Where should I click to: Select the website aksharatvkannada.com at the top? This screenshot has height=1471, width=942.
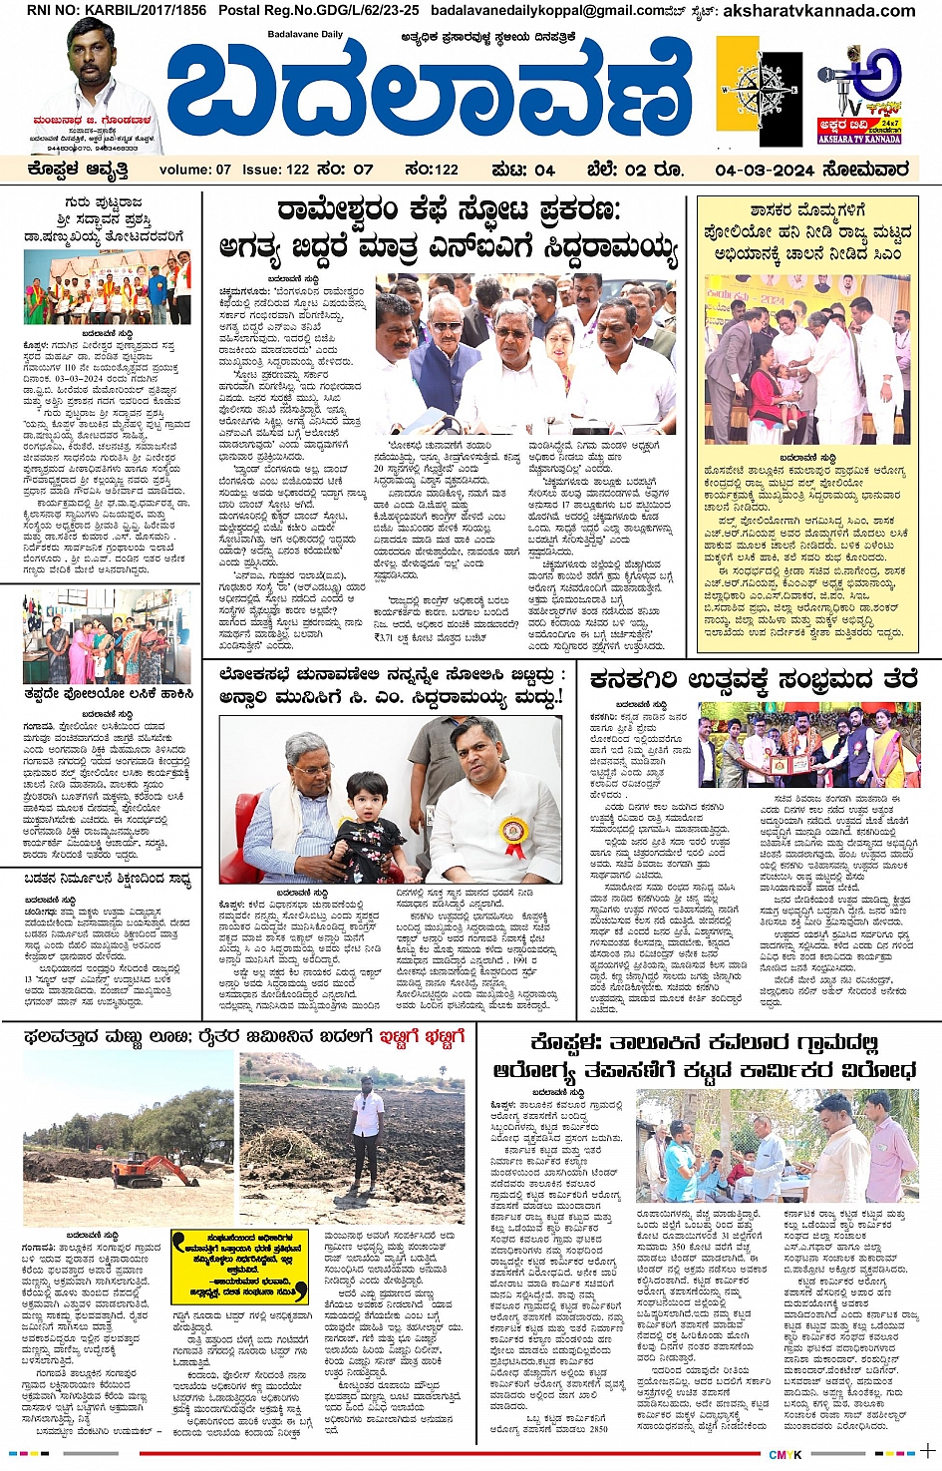pos(818,11)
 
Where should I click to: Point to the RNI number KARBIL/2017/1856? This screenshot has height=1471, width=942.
pos(117,10)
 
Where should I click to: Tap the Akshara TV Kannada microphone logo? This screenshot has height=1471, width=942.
pos(859,90)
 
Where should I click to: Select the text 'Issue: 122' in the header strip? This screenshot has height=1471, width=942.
pos(276,170)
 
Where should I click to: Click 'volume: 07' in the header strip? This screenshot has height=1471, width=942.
pos(195,170)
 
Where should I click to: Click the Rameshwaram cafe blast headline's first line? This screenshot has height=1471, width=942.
pos(449,211)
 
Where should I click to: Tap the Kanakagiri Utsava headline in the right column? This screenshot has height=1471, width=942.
pos(753,679)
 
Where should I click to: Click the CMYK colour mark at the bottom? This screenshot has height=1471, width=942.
pos(785,1455)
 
